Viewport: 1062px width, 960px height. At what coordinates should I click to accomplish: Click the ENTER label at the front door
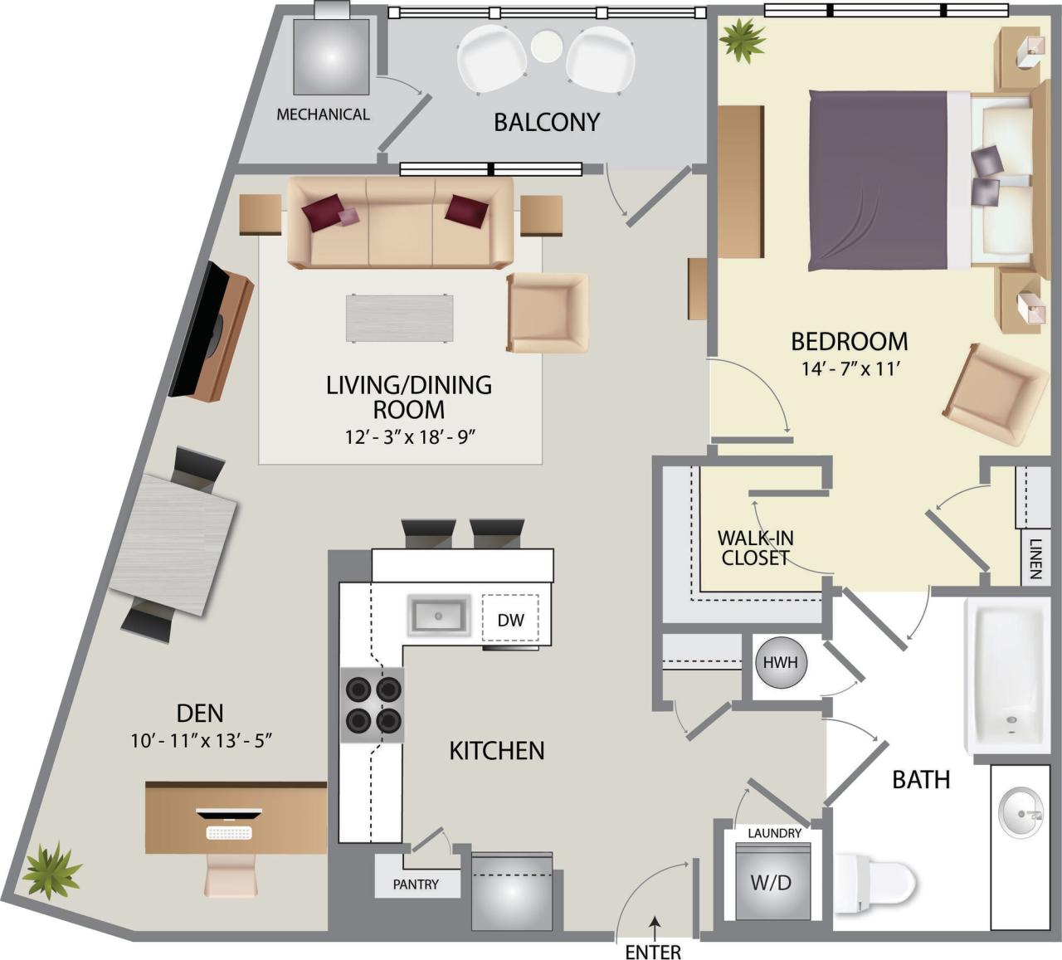click(653, 951)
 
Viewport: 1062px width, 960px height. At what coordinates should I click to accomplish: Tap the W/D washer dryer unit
click(771, 882)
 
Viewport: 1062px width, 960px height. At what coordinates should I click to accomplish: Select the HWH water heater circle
click(780, 663)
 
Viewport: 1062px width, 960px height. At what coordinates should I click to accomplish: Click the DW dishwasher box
click(510, 619)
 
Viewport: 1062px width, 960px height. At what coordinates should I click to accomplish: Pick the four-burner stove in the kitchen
click(373, 704)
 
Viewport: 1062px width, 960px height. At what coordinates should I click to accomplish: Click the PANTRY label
click(416, 884)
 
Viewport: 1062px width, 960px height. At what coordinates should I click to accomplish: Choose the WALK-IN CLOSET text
click(754, 548)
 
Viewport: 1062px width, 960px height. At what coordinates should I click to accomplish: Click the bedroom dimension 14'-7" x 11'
click(845, 370)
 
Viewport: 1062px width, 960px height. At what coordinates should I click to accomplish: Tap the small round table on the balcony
click(546, 46)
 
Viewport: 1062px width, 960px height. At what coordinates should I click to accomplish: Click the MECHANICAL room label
click(323, 115)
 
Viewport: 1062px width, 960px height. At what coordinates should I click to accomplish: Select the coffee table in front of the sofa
click(400, 318)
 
